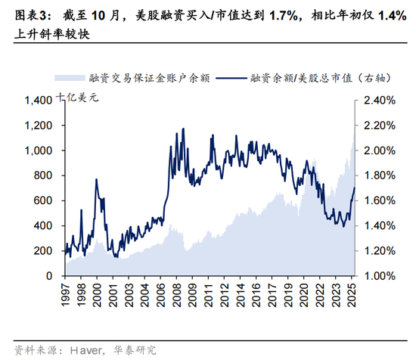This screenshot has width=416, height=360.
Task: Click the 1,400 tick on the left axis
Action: coord(39,101)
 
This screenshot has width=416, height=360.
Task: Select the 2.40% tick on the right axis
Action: coord(380,101)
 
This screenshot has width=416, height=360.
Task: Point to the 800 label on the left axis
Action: coord(42,175)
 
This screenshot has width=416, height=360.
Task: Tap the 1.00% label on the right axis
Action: coord(380,276)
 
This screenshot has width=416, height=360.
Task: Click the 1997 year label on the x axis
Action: coord(65,295)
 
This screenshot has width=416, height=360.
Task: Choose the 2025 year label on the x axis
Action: coord(352,295)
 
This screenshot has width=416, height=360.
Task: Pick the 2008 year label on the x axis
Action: coord(177,295)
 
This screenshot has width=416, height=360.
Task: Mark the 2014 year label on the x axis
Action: coord(241,295)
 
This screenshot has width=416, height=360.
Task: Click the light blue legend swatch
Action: coord(70,78)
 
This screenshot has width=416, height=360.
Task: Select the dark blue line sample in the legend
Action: coord(231,78)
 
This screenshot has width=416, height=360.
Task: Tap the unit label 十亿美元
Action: coord(77,98)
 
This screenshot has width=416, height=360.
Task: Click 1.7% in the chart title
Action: coord(284,16)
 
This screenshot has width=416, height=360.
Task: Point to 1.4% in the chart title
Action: coord(392,16)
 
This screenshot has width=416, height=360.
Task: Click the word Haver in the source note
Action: coord(86,350)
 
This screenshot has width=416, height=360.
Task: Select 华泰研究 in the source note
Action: coord(135,350)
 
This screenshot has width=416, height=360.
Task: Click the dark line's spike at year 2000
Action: coord(96,179)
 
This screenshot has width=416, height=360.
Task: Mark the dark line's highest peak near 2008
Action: coord(183,129)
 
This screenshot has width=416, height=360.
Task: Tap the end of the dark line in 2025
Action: coord(355,188)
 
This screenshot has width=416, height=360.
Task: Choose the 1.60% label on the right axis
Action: coord(380,200)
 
